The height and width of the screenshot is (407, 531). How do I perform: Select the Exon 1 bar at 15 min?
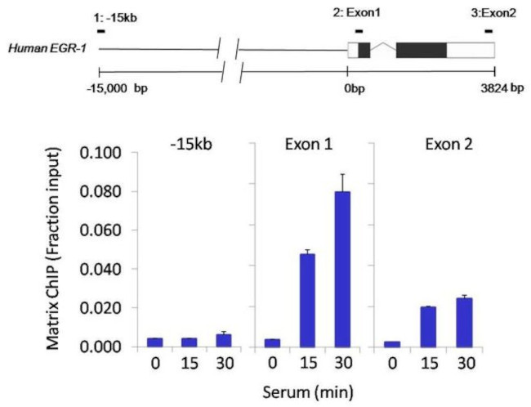point(306,300)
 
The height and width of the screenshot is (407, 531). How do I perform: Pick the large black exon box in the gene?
point(422,49)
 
